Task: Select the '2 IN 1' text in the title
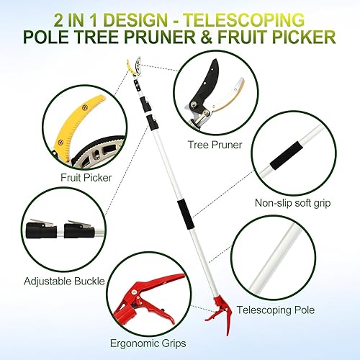tap(73, 16)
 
